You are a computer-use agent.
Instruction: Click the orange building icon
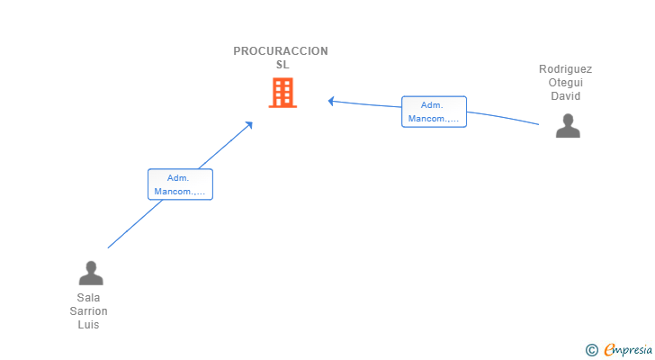pos(283,93)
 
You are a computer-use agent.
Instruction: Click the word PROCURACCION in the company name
pos(281,51)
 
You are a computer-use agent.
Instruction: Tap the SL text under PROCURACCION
pos(283,64)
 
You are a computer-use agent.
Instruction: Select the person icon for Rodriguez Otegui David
pos(568,125)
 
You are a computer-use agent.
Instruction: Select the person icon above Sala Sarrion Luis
pos(91,273)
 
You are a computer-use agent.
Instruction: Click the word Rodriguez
pos(565,69)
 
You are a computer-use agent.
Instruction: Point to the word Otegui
pos(566,82)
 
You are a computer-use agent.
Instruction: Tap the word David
pos(566,96)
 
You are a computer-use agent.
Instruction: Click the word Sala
pos(88,297)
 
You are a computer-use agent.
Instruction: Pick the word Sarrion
pos(88,311)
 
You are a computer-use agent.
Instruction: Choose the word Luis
pos(88,325)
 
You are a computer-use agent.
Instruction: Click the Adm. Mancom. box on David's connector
pos(434,112)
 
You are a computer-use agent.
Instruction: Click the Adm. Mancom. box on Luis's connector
pos(180,184)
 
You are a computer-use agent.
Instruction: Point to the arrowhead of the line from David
pos(330,101)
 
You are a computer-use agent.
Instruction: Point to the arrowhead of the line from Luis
pos(250,124)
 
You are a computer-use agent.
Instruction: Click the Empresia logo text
pos(628,349)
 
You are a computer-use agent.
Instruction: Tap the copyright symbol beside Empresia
pos(592,350)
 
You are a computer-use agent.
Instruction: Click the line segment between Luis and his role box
pos(135,224)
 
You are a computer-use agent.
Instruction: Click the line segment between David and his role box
pos(503,117)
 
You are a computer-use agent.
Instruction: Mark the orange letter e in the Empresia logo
pos(609,349)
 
